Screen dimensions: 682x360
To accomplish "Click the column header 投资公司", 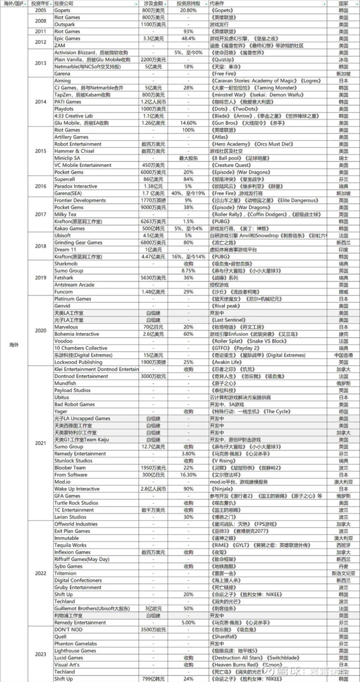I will point(64,4).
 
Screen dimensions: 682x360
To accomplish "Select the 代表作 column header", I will point(217,4).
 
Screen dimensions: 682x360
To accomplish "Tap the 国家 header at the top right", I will point(343,4).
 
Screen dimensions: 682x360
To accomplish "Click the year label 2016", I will point(40,186).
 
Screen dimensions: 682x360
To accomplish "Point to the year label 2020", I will point(40,331).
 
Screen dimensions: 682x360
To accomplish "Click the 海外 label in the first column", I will point(14,345).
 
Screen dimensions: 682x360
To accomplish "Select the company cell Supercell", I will point(65,179).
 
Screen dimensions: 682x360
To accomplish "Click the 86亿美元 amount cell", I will point(153,179).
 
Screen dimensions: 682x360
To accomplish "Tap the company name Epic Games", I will point(67,39).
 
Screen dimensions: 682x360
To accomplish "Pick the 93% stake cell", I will point(188,32).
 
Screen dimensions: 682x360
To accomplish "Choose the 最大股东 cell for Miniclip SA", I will point(188,158).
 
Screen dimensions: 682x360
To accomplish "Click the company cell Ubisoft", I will point(63,235).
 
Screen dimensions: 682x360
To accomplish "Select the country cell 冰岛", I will point(343,60).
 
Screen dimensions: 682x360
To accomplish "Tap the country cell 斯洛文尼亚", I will point(343,573).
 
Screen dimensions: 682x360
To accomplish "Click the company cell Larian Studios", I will point(70,517).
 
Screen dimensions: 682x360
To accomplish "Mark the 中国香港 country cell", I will point(343,355).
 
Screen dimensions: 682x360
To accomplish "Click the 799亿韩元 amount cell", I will point(153,679).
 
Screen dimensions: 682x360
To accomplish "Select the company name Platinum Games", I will point(73,299).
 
